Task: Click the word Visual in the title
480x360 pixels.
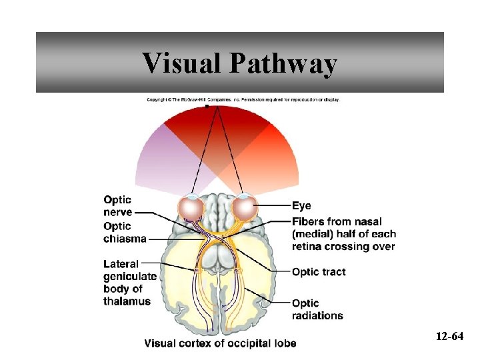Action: click(181, 63)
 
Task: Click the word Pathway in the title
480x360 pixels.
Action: click(284, 65)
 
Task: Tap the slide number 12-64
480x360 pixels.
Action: click(449, 336)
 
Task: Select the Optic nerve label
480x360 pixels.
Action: click(117, 206)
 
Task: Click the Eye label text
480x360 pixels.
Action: click(301, 206)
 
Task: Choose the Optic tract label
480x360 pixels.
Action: click(319, 271)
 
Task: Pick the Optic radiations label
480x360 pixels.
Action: click(317, 309)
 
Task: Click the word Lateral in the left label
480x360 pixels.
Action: click(121, 264)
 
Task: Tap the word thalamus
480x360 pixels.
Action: click(127, 301)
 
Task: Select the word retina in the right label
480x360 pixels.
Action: click(307, 246)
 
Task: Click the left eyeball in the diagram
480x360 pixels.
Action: click(192, 209)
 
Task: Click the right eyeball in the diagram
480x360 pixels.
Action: click(244, 209)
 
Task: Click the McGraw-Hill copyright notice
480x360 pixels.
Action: click(243, 100)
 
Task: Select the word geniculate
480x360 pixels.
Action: click(130, 277)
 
